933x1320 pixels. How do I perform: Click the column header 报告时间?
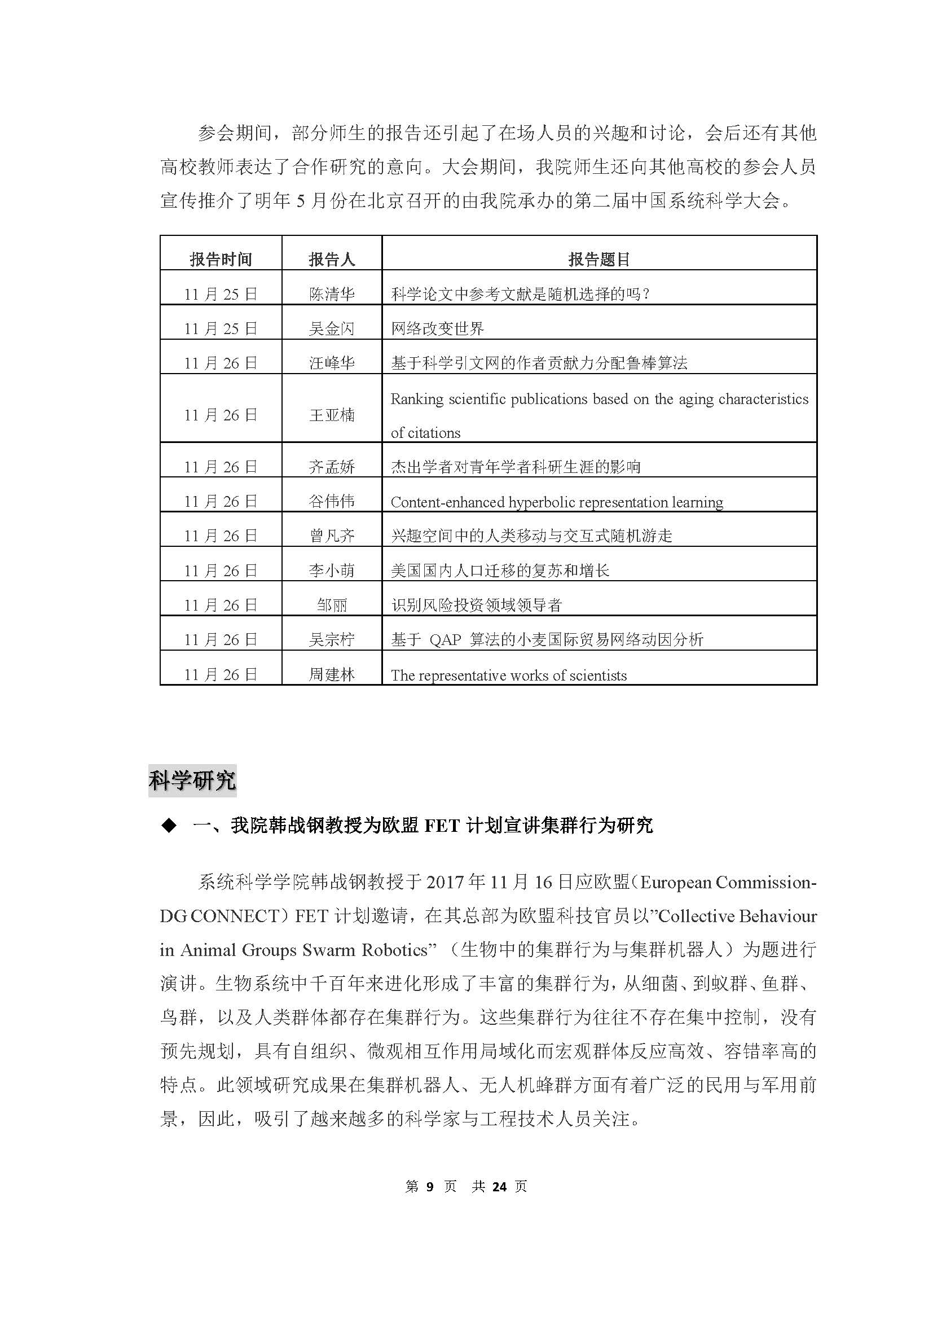point(221,260)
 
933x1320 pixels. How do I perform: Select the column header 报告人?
point(332,260)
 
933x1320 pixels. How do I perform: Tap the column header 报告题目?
point(598,260)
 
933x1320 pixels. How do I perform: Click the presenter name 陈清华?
point(332,295)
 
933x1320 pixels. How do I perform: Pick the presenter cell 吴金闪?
point(332,329)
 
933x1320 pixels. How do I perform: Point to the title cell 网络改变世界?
point(437,329)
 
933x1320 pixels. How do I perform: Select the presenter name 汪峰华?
point(332,363)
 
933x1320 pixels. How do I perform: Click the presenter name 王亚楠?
point(332,415)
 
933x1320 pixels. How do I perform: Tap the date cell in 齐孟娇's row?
point(221,467)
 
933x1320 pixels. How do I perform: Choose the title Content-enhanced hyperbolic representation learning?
point(556,502)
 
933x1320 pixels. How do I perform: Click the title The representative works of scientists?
point(508,676)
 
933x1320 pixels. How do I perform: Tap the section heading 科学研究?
point(192,780)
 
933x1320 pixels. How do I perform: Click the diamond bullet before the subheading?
point(169,826)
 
